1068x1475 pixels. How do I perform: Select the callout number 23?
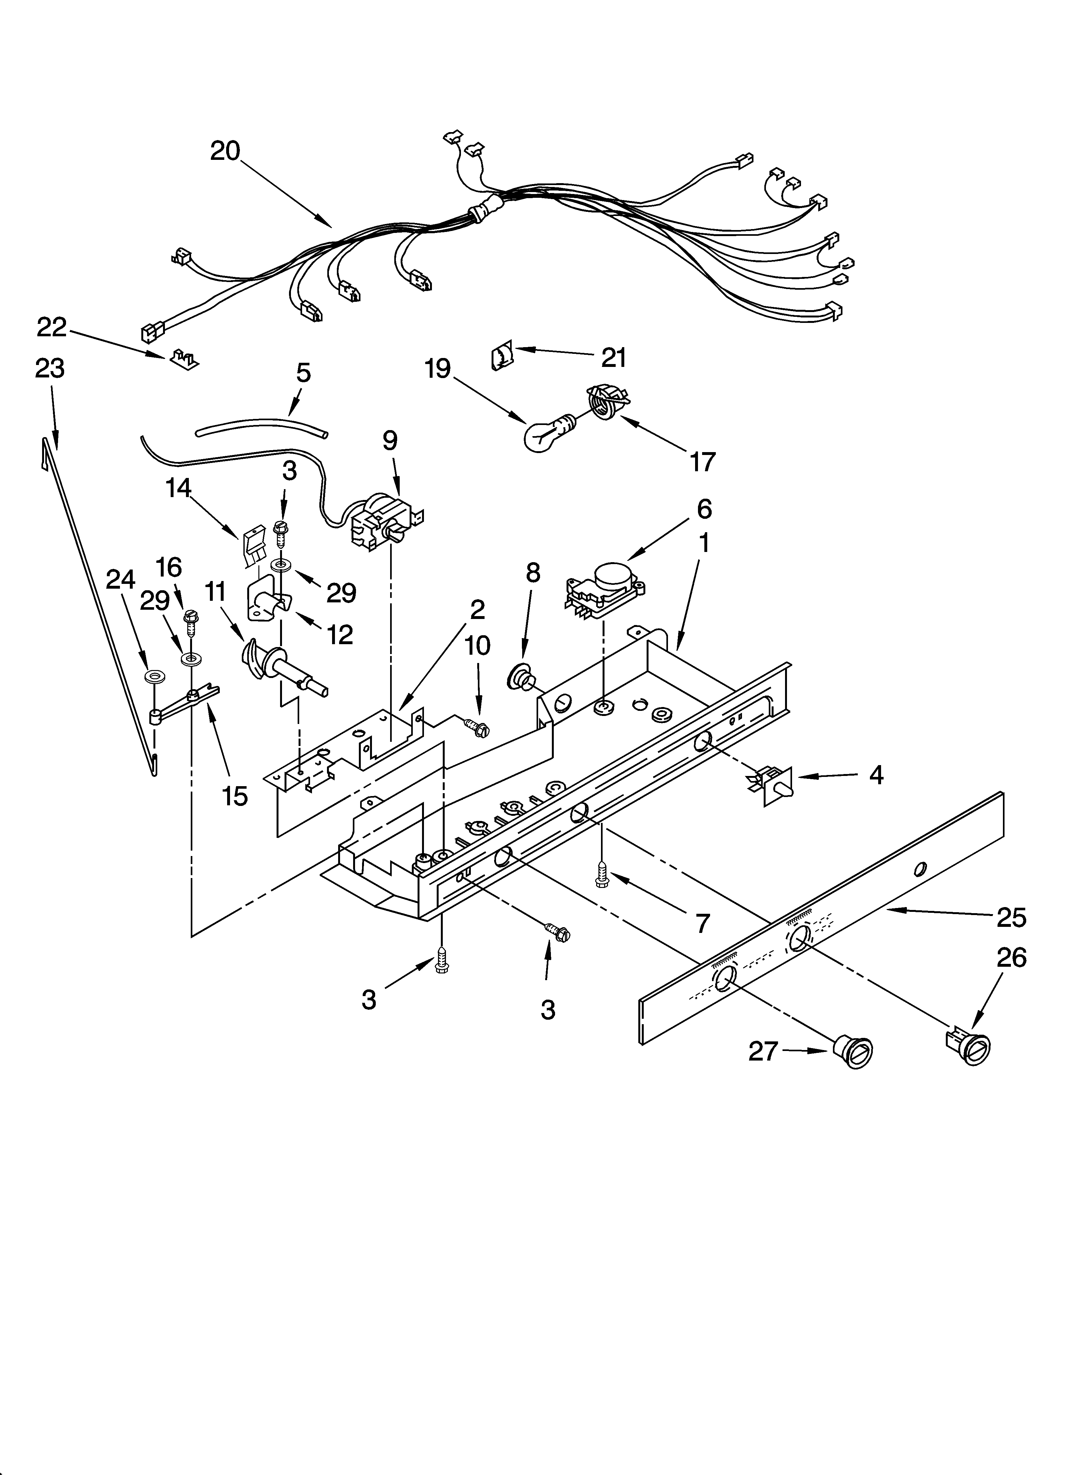pyautogui.click(x=50, y=369)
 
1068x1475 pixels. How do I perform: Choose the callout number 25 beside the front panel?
pyautogui.click(x=1011, y=917)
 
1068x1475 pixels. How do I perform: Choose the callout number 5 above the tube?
pyautogui.click(x=303, y=373)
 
